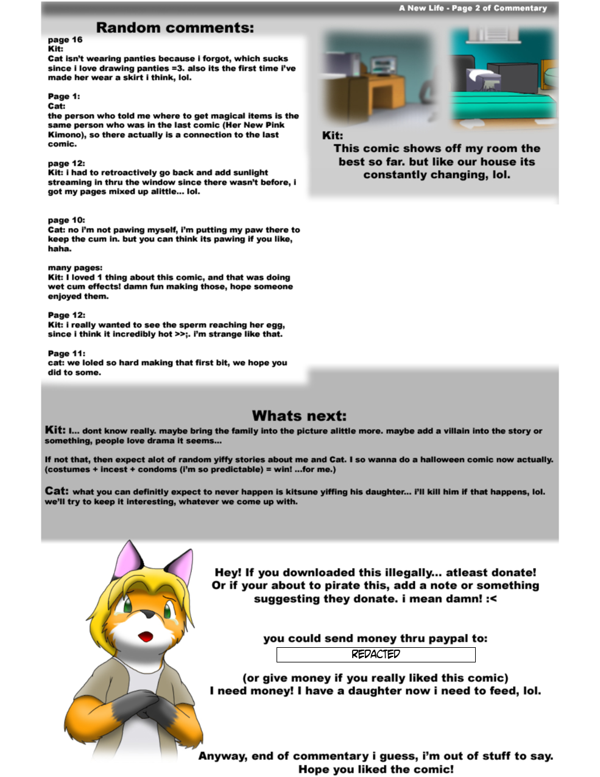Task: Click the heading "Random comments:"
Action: tap(175, 27)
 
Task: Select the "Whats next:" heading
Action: tap(299, 416)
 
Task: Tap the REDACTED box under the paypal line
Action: tap(376, 655)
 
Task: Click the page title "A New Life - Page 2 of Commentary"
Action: tap(473, 8)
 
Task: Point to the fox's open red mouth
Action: tap(146, 637)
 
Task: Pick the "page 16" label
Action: tap(65, 40)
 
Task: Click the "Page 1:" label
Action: tap(64, 96)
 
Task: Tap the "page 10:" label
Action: tap(66, 220)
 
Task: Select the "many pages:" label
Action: tap(75, 268)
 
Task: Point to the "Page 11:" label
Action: tap(66, 353)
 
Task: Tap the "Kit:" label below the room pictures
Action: tap(333, 135)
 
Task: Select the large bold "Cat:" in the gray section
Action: tap(57, 491)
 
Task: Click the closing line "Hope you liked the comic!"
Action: tap(376, 769)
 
